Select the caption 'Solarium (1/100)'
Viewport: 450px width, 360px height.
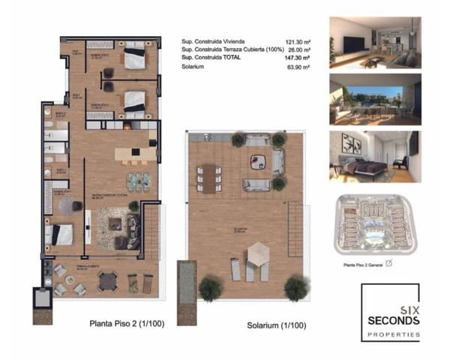click(277, 326)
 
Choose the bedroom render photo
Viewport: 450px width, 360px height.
click(374, 154)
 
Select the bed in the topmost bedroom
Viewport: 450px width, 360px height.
click(134, 58)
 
